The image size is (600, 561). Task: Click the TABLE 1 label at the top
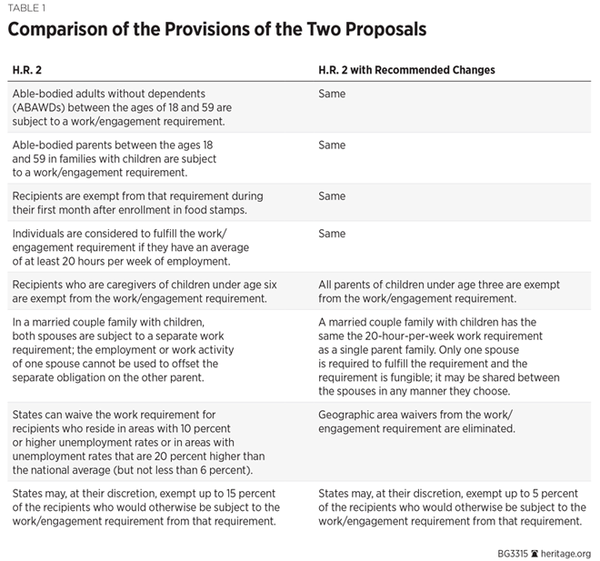[x=27, y=6]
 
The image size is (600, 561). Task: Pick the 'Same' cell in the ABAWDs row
[x=332, y=94]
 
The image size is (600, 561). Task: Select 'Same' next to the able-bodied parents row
[x=332, y=145]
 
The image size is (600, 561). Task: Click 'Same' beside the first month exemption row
[x=332, y=196]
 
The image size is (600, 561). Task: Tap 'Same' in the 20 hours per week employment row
[x=332, y=234]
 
